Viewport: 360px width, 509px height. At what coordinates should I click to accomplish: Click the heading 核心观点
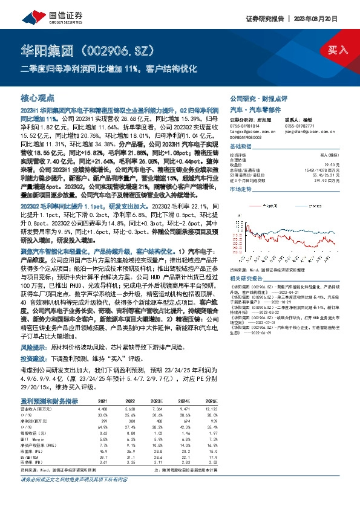click(x=38, y=98)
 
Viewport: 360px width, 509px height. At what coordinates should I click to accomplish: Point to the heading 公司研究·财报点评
click(x=258, y=98)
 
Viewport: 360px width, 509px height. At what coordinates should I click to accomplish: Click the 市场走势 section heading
click(x=242, y=189)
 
